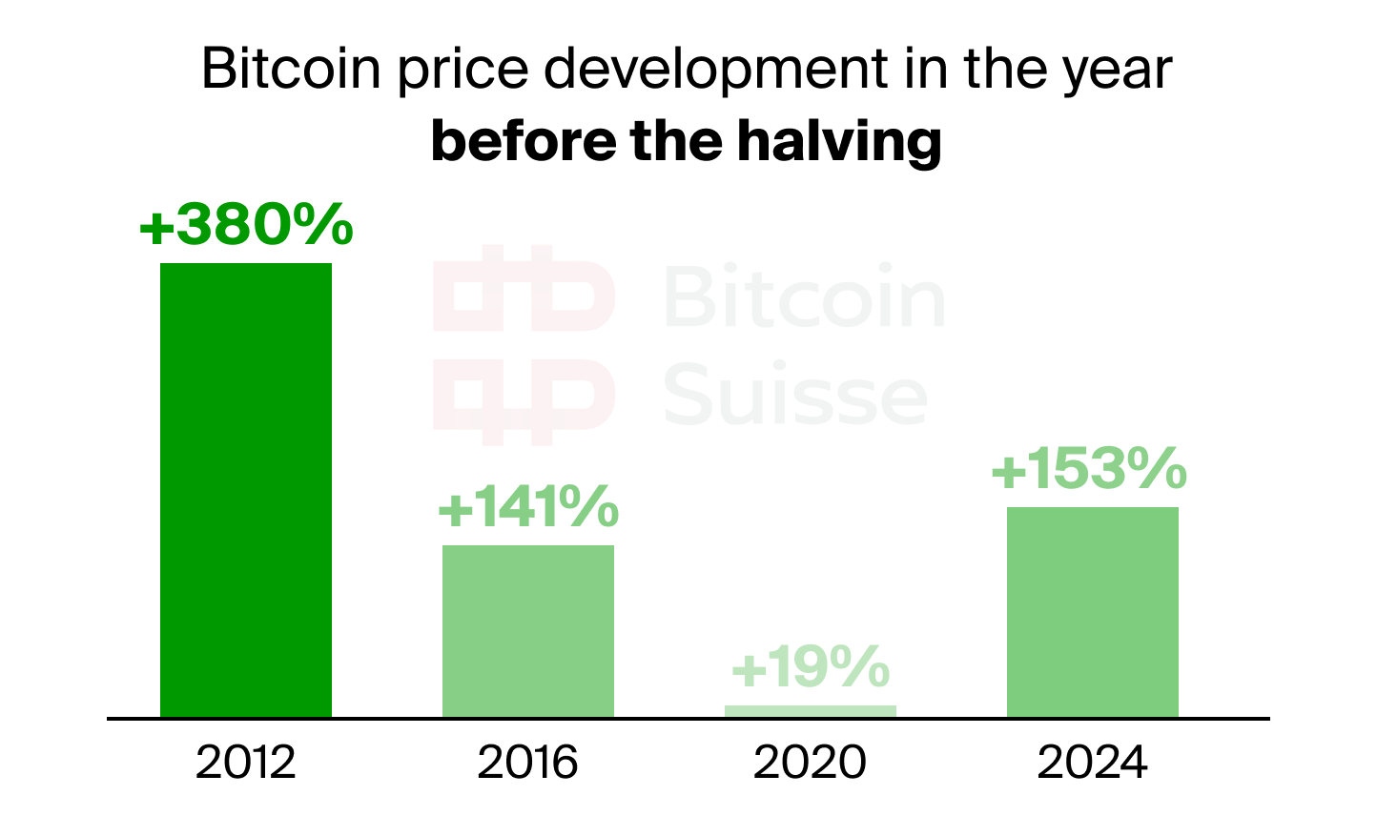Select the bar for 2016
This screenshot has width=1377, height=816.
(528, 630)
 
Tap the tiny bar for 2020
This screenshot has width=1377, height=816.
(810, 711)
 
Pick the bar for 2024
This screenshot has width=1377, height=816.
(1092, 611)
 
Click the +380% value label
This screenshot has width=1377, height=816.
(246, 226)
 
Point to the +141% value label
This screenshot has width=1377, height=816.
(528, 507)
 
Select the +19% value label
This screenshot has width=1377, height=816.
(811, 667)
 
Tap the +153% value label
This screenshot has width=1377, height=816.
(1089, 469)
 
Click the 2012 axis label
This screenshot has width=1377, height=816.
(246, 764)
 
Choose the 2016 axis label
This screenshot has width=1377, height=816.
(528, 764)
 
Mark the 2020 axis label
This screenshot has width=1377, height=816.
(811, 764)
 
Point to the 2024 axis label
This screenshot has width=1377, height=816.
(1093, 764)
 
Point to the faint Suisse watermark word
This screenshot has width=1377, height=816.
(795, 395)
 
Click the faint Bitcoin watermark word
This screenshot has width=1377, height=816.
(803, 297)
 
